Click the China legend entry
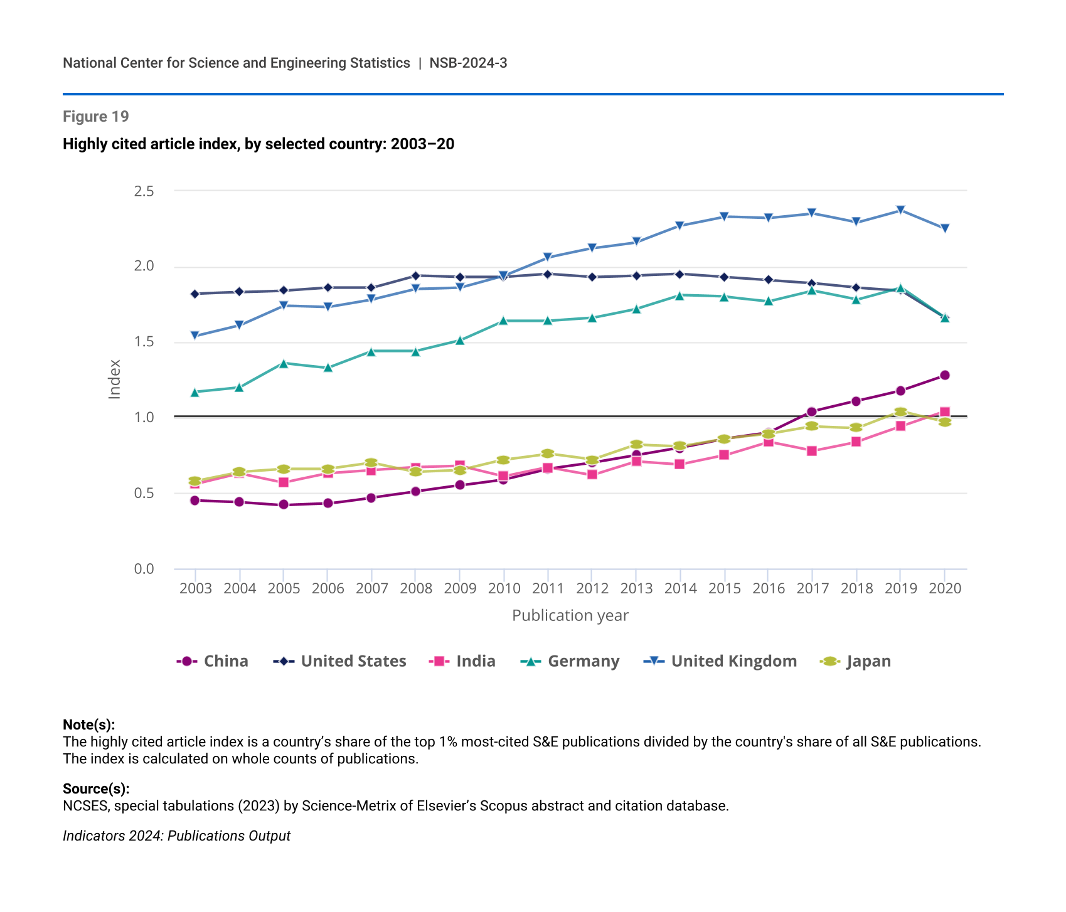pyautogui.click(x=213, y=661)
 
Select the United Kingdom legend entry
pyautogui.click(x=721, y=661)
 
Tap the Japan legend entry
pyautogui.click(x=856, y=661)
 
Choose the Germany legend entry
pyautogui.click(x=570, y=661)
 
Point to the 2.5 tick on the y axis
pyautogui.click(x=144, y=191)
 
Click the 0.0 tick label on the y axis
pyautogui.click(x=144, y=569)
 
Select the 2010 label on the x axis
pyautogui.click(x=504, y=588)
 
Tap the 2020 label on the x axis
pyautogui.click(x=945, y=588)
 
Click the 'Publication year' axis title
pyautogui.click(x=570, y=615)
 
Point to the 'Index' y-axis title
pyautogui.click(x=114, y=379)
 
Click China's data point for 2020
pyautogui.click(x=945, y=375)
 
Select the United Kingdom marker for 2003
pyautogui.click(x=195, y=336)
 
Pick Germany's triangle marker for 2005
pyautogui.click(x=284, y=363)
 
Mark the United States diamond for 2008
pyautogui.click(x=415, y=275)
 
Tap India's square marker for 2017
pyautogui.click(x=812, y=451)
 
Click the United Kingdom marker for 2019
pyautogui.click(x=900, y=210)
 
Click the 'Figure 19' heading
pyautogui.click(x=96, y=117)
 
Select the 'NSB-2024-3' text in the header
pyautogui.click(x=468, y=63)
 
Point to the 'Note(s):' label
pyautogui.click(x=88, y=724)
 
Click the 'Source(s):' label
pyautogui.click(x=96, y=788)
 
